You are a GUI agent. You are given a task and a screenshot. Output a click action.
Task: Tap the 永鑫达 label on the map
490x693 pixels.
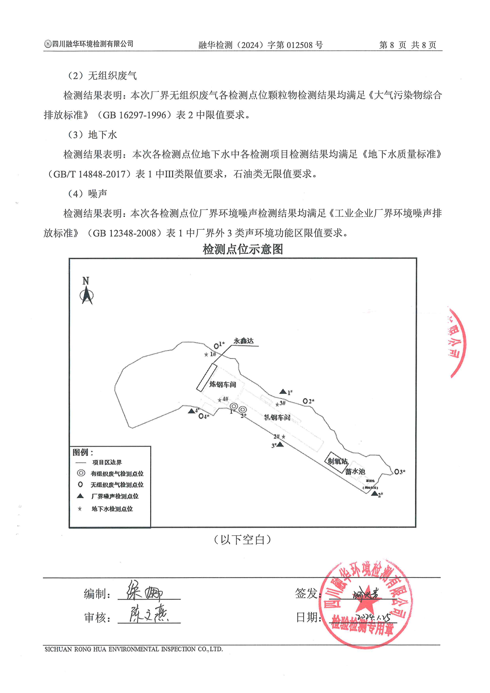coord(243,341)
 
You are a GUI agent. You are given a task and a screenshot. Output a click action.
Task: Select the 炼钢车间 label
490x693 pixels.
coord(223,384)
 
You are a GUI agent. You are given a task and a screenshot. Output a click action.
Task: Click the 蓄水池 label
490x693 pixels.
coord(355,472)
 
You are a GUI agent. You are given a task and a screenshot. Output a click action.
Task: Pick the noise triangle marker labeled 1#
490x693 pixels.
coord(283,392)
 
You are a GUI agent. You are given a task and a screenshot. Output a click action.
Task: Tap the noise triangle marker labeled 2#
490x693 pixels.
coord(374,494)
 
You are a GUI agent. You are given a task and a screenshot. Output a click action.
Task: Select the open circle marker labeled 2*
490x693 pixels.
coord(305,401)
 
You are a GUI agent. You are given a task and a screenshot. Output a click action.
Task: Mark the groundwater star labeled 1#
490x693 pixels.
coord(206,355)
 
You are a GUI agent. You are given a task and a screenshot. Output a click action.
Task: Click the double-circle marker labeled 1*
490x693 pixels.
coord(234,406)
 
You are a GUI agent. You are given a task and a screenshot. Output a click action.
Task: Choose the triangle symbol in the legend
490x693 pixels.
coord(80,496)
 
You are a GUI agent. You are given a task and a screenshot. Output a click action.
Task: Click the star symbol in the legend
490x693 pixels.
coord(80,509)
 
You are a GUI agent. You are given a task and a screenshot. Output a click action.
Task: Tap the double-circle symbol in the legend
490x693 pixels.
coord(81,473)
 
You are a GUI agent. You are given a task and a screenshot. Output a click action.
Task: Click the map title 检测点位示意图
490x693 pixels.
coord(243,249)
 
